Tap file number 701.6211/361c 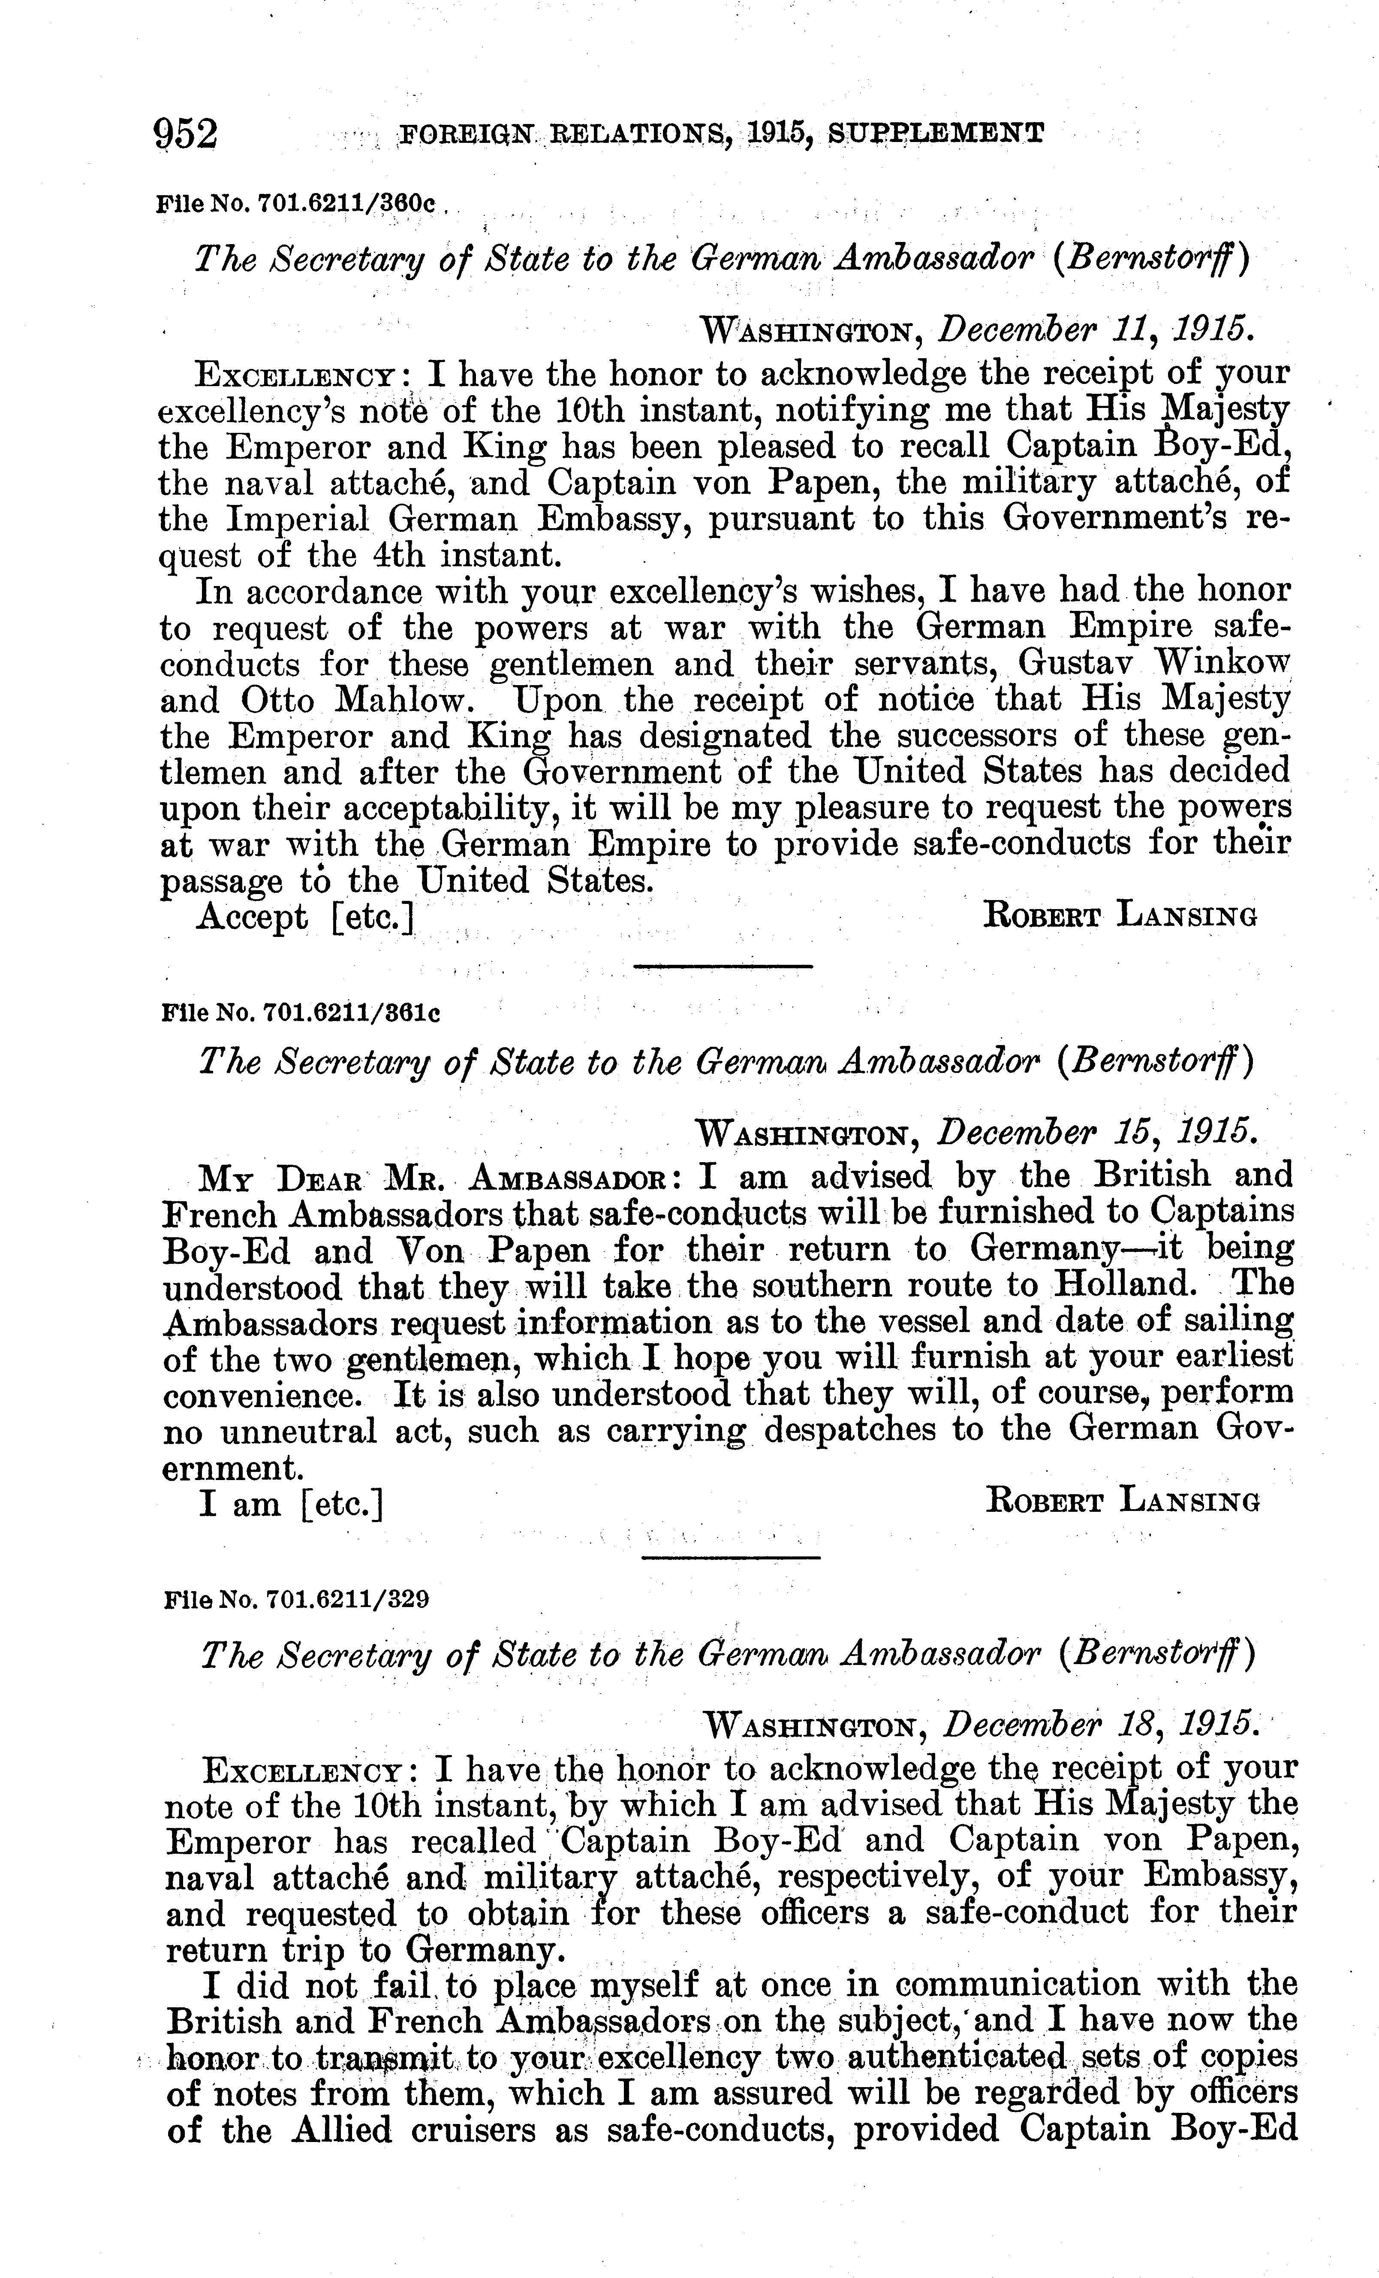301,1012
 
